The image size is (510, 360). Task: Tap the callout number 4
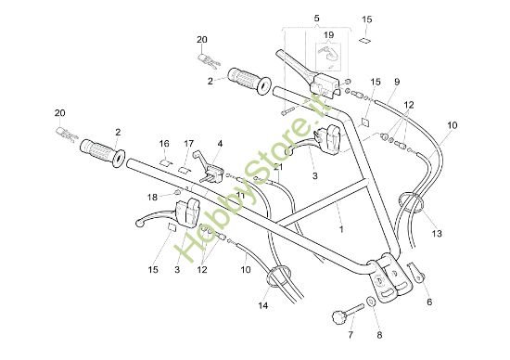(220, 144)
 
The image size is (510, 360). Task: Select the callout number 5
(316, 19)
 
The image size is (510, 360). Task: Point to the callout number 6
(428, 302)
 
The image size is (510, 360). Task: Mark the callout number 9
(396, 82)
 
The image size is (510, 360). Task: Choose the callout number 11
(240, 169)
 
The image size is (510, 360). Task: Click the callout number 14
(263, 305)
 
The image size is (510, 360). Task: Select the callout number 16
(164, 144)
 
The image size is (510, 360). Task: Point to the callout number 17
(188, 144)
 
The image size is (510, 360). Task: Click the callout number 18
(152, 196)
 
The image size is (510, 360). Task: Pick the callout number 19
(328, 35)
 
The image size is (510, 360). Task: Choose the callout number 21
(277, 166)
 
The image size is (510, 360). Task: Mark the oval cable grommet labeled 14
(275, 276)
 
